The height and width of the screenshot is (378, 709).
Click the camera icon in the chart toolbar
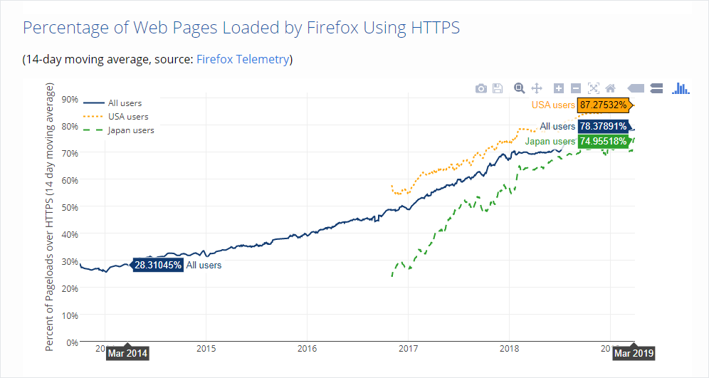[481, 88]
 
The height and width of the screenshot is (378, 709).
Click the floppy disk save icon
[498, 88]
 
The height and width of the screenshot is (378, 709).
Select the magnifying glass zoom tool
[520, 88]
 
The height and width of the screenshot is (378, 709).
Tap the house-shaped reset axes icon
[610, 88]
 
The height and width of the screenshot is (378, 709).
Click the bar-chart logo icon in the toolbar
[682, 88]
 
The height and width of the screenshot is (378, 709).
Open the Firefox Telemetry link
[242, 59]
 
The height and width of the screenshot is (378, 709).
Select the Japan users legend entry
[130, 130]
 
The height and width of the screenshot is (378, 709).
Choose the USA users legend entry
[128, 116]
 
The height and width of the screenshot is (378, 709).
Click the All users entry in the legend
[125, 103]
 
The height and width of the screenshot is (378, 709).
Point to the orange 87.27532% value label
[603, 105]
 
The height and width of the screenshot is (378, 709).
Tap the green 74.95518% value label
[603, 141]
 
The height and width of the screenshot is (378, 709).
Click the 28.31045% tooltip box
[158, 266]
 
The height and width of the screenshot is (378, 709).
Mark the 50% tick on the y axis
[70, 207]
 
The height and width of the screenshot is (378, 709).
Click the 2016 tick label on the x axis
[307, 350]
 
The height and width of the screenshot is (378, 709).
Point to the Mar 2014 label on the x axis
[127, 353]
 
